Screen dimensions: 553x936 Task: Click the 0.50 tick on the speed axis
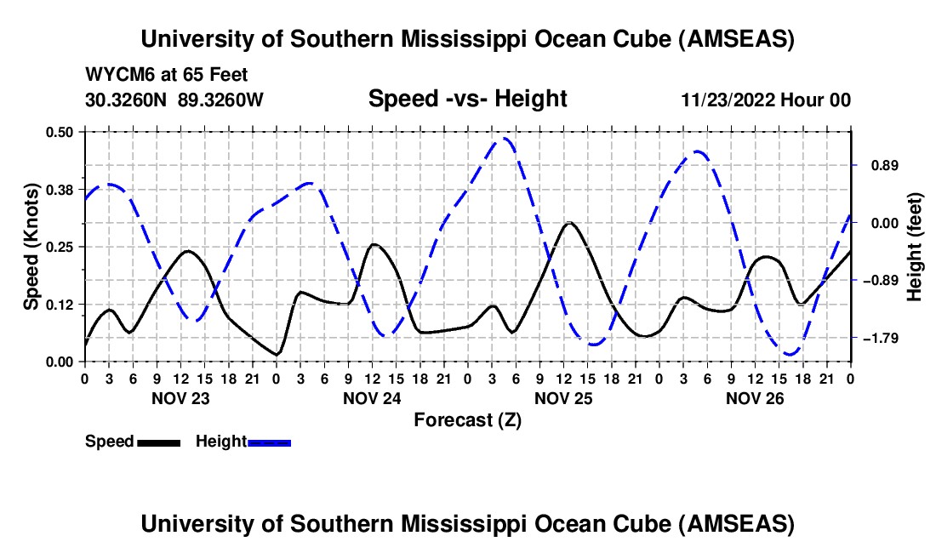61,132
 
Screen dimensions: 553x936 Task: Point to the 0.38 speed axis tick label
61,189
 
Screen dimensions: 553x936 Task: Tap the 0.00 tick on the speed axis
61,362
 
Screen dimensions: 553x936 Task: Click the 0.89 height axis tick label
879,165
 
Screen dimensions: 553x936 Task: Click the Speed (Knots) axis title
31,247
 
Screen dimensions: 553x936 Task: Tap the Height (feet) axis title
915,247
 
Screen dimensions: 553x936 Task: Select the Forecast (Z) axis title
467,419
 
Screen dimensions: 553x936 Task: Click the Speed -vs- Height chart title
467,99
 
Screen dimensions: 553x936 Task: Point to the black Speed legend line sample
158,442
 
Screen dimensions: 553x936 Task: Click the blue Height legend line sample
269,442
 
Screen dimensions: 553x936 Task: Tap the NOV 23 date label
180,397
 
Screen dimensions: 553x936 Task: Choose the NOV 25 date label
563,397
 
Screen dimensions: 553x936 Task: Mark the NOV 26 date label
755,397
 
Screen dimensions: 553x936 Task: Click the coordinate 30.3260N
127,100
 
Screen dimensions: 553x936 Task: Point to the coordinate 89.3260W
221,100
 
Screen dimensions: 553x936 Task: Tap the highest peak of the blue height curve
505,138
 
